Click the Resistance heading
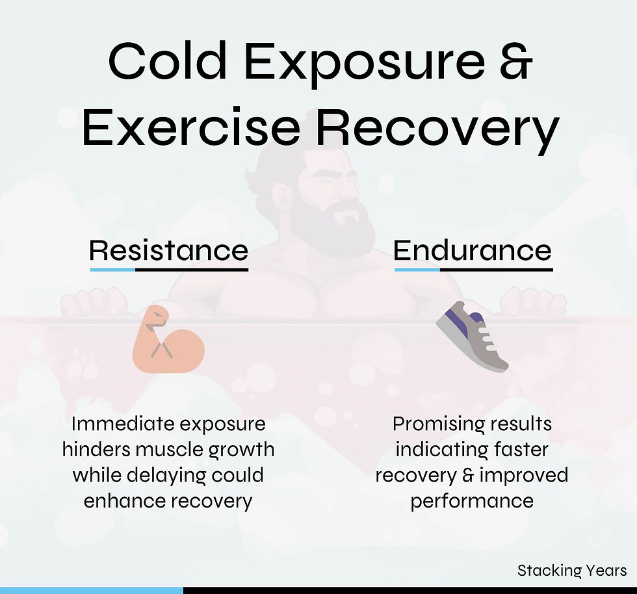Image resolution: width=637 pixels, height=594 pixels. (x=169, y=250)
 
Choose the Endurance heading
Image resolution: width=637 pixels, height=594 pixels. (x=473, y=250)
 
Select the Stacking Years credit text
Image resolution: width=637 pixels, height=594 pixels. (x=572, y=571)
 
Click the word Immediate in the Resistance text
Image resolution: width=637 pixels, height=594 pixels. (x=122, y=424)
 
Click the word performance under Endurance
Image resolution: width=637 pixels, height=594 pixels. (x=472, y=501)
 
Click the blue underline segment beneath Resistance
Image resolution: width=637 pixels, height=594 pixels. (x=112, y=269)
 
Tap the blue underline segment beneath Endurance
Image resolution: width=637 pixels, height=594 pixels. (x=417, y=269)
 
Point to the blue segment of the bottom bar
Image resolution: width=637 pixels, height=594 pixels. (x=91, y=590)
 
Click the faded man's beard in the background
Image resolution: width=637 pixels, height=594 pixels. (x=331, y=224)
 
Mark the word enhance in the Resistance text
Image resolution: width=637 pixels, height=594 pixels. (x=122, y=501)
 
